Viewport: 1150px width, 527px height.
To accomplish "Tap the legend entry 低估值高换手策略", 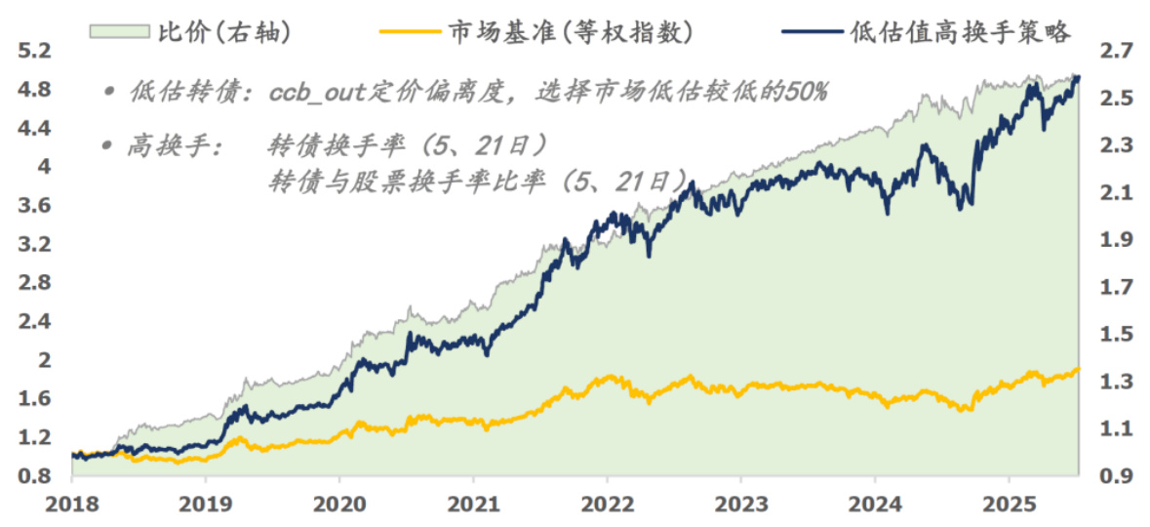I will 961,32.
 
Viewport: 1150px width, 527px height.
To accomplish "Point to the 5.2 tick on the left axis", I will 34,51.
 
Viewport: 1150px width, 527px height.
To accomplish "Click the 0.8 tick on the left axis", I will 34,475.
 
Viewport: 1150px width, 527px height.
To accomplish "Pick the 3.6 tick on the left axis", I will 34,205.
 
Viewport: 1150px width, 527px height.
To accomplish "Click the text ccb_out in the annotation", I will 311,93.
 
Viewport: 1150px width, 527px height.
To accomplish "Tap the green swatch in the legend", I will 120,32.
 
